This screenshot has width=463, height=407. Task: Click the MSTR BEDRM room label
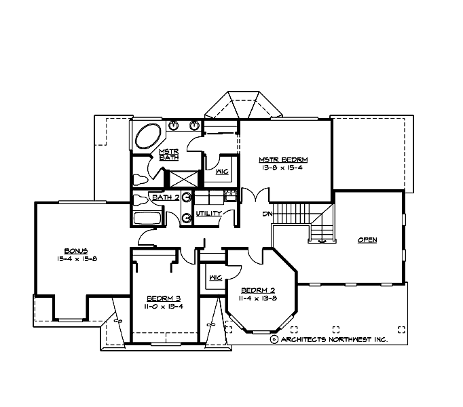coord(283,160)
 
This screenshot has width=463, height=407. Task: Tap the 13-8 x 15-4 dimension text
coord(283,168)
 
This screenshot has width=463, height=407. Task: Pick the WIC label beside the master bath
coord(222,172)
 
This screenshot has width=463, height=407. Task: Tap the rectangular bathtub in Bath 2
coord(147,218)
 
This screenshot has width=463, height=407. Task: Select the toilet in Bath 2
coord(140,200)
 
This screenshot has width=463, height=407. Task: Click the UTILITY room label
coord(208,214)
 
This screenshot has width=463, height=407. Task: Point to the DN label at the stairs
coord(268,215)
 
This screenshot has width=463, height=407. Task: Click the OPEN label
coord(367,240)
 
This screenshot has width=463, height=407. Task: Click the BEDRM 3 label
coord(164,298)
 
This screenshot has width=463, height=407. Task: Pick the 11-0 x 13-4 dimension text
coord(164,306)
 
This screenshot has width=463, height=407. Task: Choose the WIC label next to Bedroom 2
coord(216,277)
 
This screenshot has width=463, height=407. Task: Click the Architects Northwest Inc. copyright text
coord(329,339)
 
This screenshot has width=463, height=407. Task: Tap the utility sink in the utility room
coord(229,195)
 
